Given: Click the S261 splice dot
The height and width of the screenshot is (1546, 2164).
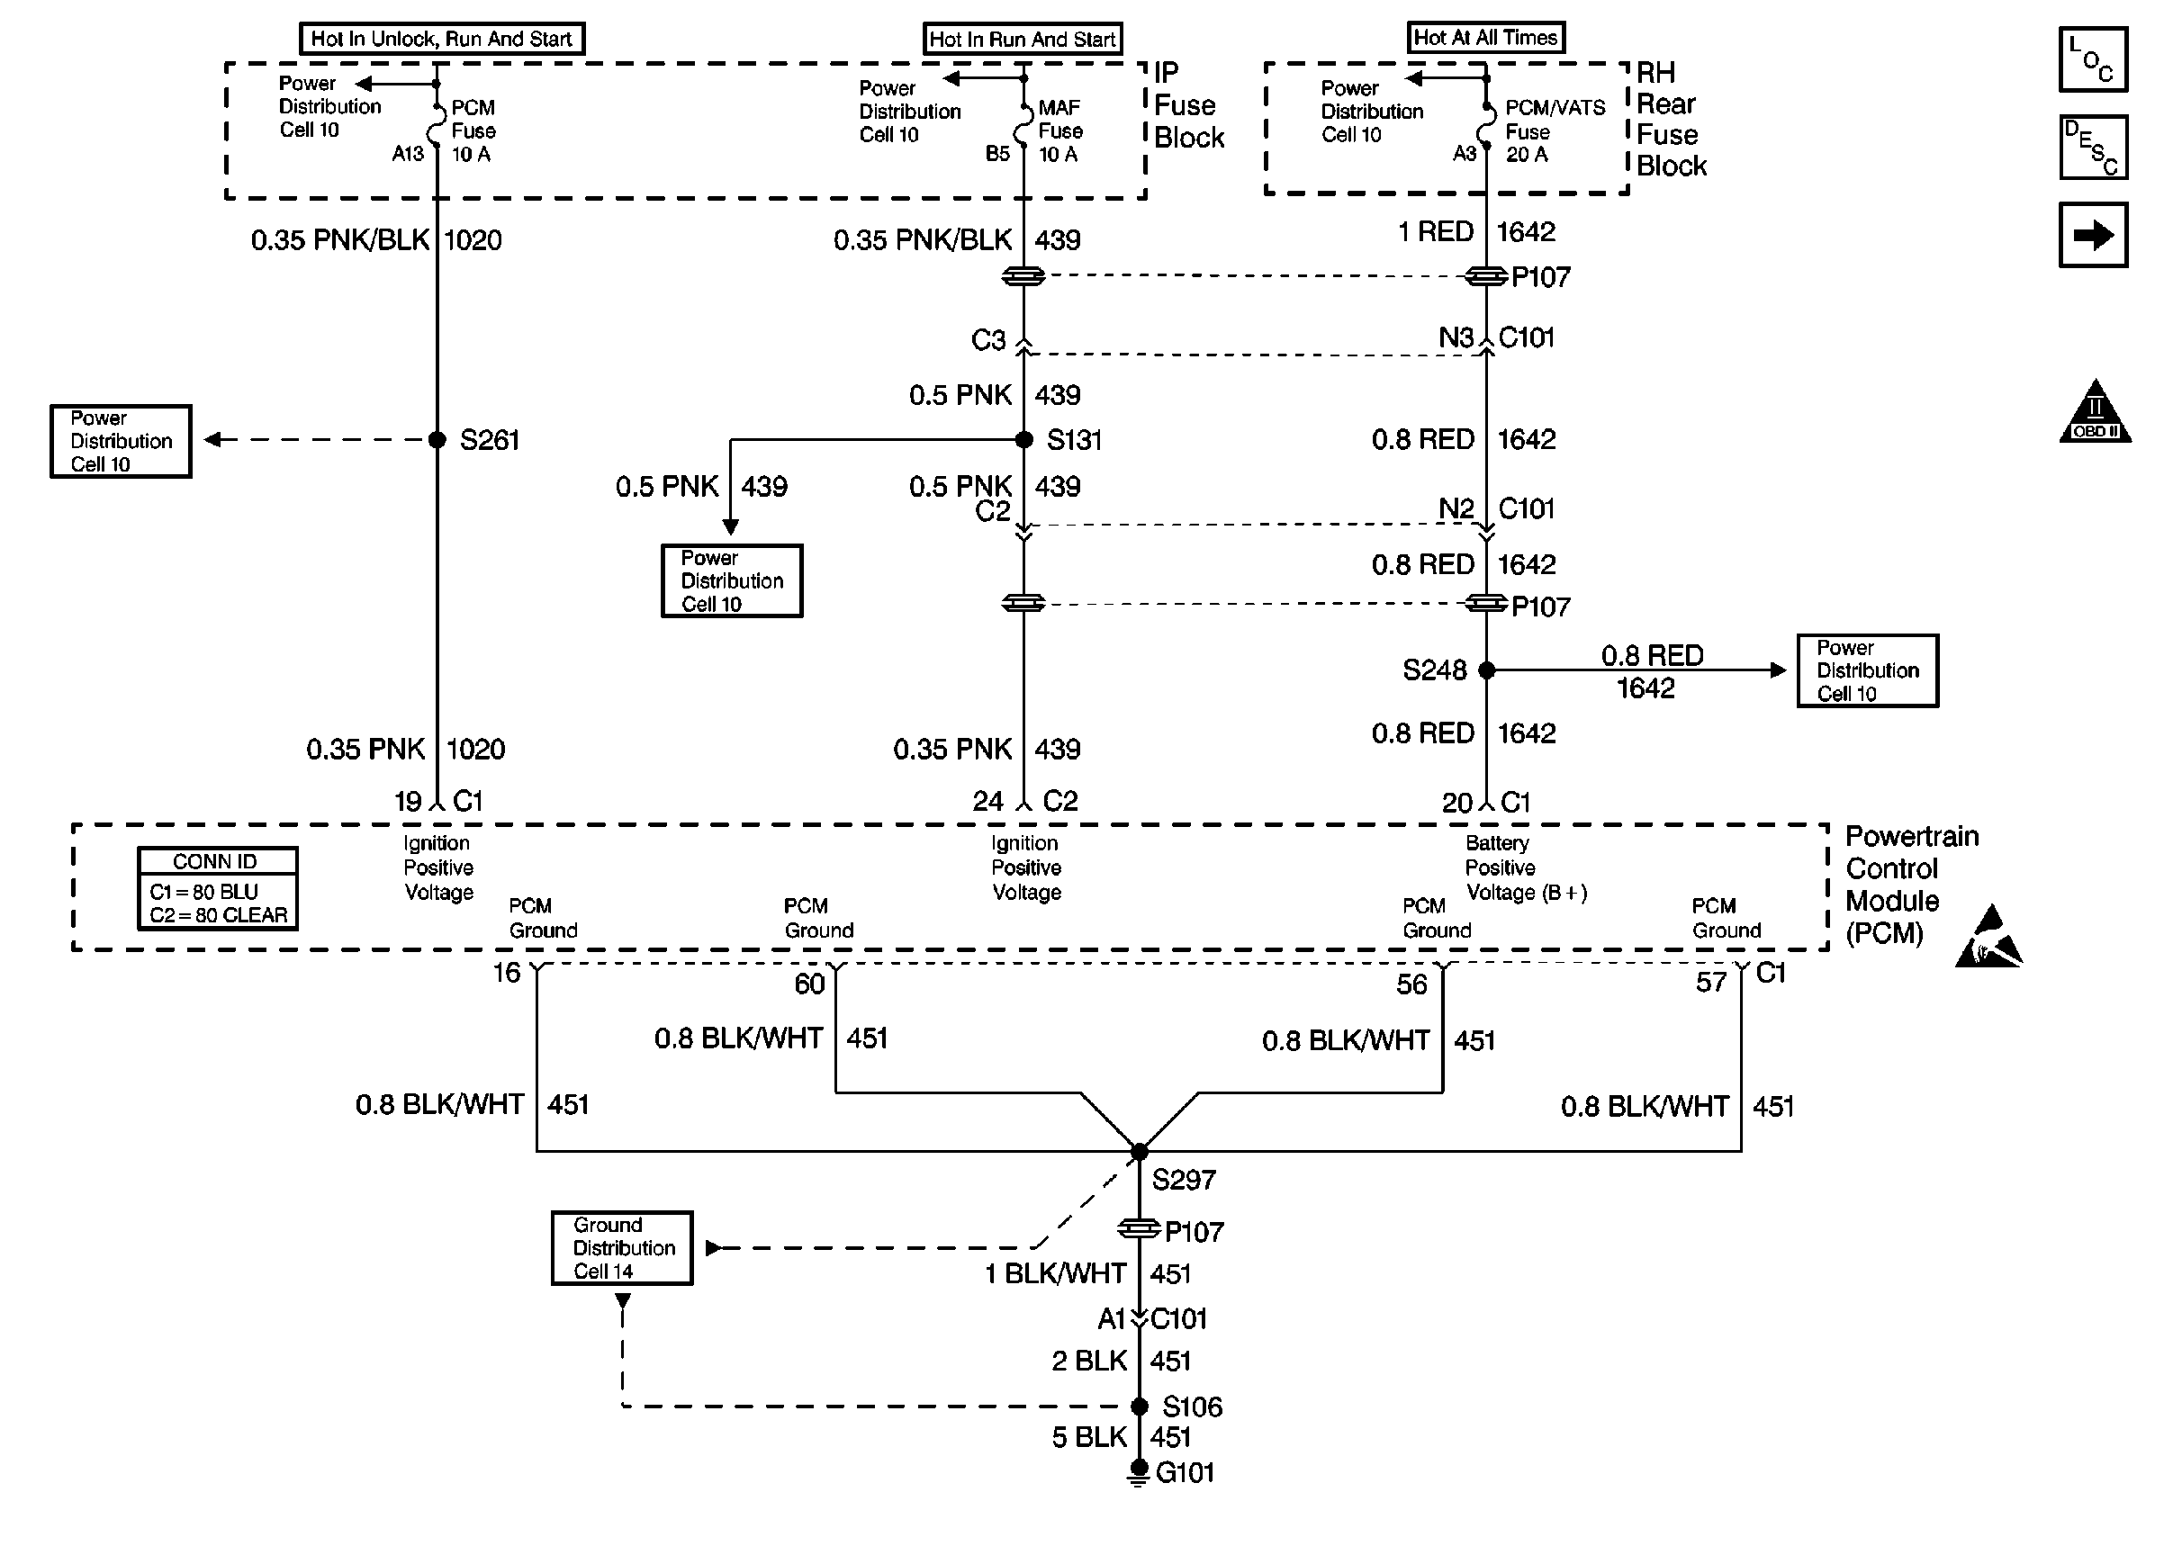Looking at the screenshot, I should (x=437, y=440).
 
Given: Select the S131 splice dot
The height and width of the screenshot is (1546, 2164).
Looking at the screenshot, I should (x=1024, y=440).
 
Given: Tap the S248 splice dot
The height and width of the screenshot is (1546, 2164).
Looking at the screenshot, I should (x=1486, y=670).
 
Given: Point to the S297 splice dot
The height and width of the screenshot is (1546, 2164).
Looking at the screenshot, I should (x=1139, y=1152).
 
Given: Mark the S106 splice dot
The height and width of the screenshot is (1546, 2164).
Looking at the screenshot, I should (x=1139, y=1406).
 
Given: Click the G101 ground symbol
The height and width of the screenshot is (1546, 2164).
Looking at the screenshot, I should (x=1138, y=1473).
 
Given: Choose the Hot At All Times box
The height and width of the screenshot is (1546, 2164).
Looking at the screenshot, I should (x=1485, y=38).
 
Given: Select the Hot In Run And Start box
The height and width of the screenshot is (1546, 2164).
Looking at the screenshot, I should (x=1023, y=39).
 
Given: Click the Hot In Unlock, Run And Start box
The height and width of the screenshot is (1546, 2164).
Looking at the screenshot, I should (x=442, y=39).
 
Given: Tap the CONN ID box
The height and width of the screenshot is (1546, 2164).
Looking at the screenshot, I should (x=218, y=888).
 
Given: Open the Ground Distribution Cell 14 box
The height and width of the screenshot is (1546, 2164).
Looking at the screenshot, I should (x=623, y=1248).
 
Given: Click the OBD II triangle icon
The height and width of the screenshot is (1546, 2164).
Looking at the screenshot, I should (x=2095, y=413).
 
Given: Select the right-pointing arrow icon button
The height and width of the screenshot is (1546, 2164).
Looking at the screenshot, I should (x=2093, y=235).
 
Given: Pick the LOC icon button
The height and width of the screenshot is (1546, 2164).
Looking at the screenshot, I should (x=2093, y=59).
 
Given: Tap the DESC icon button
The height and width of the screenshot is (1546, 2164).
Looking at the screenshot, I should (x=2093, y=148).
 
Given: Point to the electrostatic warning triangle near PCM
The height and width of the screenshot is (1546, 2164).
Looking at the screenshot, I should (x=1988, y=940).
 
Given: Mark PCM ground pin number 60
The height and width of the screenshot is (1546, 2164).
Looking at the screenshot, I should (x=809, y=984).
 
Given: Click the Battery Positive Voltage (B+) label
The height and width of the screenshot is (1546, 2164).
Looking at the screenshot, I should (x=1525, y=868).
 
